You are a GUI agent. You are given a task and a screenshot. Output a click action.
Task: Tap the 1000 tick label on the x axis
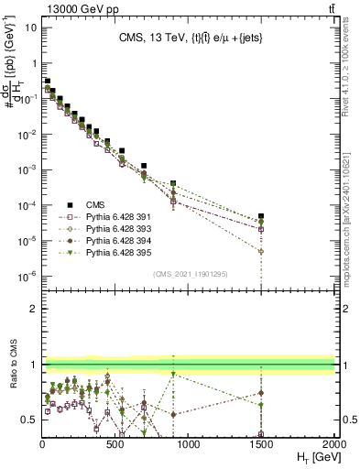click(x=188, y=442)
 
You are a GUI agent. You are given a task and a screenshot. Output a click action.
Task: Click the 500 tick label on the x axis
click(x=115, y=442)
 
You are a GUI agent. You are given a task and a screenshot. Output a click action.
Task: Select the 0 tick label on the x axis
click(x=43, y=442)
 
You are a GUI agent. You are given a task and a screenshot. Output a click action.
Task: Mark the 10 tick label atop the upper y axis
click(x=29, y=27)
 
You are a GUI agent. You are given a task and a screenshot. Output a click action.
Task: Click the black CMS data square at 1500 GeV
click(x=261, y=216)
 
